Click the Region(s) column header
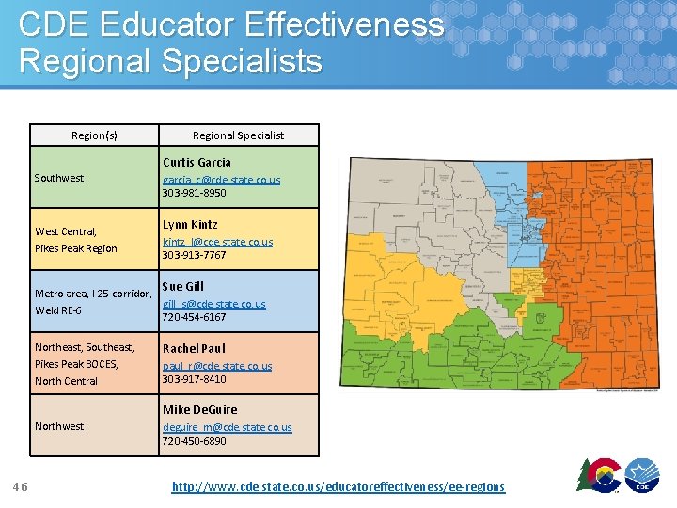(x=94, y=135)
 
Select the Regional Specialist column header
(x=238, y=135)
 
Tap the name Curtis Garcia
(x=197, y=163)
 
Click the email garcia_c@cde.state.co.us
(x=221, y=179)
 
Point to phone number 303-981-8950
(x=194, y=193)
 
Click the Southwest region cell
(x=59, y=178)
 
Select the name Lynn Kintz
(x=190, y=225)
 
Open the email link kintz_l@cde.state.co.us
(x=217, y=242)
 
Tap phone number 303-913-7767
(x=194, y=255)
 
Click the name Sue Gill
(x=182, y=287)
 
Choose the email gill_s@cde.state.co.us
(x=214, y=304)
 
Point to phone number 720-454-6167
(x=194, y=317)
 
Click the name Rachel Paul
(x=194, y=348)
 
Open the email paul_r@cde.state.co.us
(x=217, y=366)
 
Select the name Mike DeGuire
(x=200, y=410)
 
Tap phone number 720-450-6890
(x=194, y=441)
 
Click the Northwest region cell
(x=59, y=426)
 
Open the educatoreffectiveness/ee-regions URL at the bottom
(x=338, y=486)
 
